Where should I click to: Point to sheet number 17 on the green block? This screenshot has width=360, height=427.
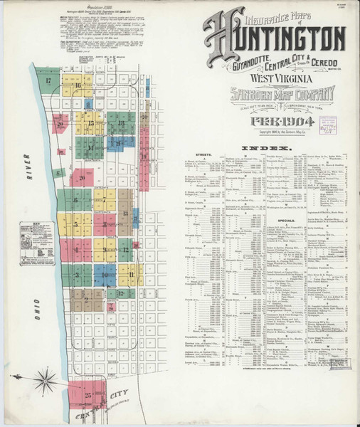(48, 80)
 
